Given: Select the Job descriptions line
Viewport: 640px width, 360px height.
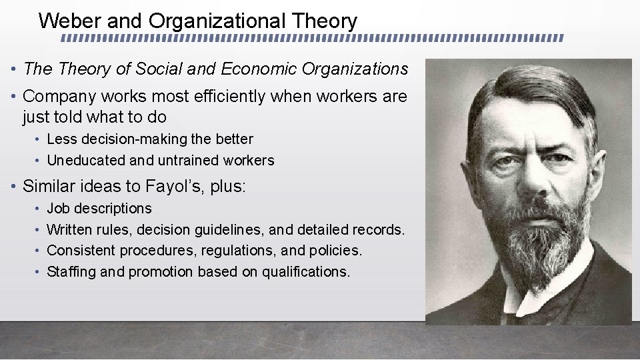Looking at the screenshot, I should [99, 209].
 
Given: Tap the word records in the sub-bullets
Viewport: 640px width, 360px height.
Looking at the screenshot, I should [380, 230].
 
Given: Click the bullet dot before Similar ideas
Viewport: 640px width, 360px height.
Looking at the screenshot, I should [13, 187].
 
